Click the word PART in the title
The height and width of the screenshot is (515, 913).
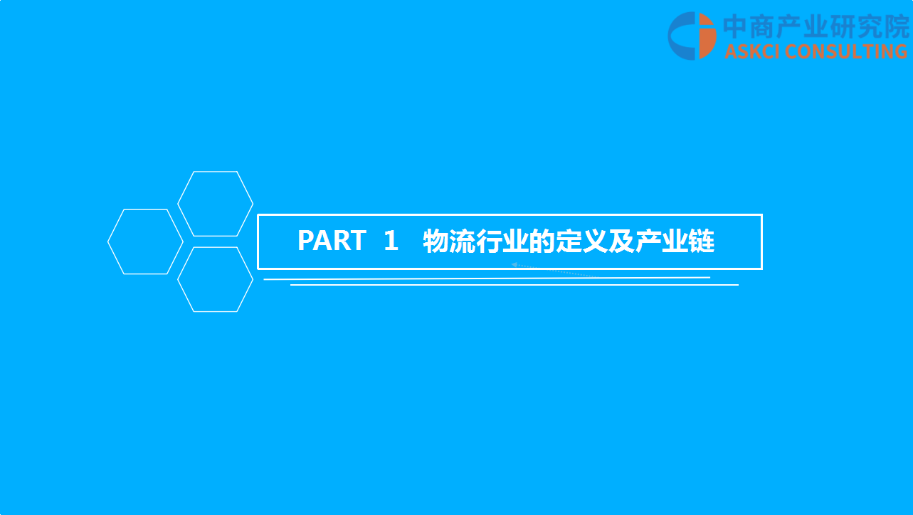(x=332, y=240)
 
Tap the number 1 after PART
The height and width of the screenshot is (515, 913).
(x=391, y=240)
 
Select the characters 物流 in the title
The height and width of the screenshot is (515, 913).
(x=449, y=241)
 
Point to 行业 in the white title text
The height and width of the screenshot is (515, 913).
(x=502, y=241)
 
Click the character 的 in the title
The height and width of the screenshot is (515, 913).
(x=542, y=241)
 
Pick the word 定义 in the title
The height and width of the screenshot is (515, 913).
(x=581, y=241)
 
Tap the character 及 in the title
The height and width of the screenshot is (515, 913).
(x=621, y=241)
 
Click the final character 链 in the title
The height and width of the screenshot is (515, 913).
(x=701, y=241)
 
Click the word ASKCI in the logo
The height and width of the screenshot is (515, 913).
(x=752, y=51)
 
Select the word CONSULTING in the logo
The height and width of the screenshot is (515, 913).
(x=846, y=51)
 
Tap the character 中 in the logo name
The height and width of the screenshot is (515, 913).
(x=736, y=26)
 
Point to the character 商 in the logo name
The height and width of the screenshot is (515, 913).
(x=762, y=26)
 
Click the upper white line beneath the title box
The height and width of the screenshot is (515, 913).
(x=487, y=279)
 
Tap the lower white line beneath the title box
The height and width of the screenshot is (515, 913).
(x=514, y=285)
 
